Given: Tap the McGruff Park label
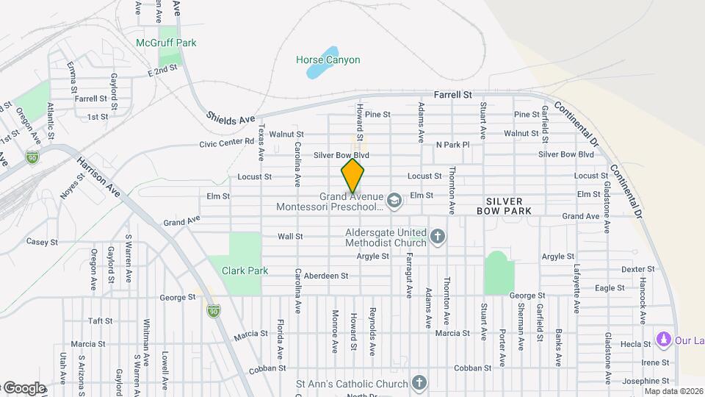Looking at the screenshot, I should point(167,43).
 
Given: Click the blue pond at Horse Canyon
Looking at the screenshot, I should point(317,71).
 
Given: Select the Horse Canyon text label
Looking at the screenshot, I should point(328,60).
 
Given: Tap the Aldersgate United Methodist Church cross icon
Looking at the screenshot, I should point(438,237).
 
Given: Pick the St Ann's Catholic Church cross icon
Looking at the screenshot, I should point(419,383).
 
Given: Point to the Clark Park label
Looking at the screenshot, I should point(247,271).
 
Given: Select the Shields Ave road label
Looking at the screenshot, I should point(231,118).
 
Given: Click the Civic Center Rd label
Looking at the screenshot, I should point(226,143).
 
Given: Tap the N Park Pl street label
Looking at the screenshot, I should point(452,145).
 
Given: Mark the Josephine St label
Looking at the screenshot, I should point(646,381).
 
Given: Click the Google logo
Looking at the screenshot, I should point(25,388).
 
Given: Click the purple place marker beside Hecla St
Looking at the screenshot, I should point(664,340).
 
